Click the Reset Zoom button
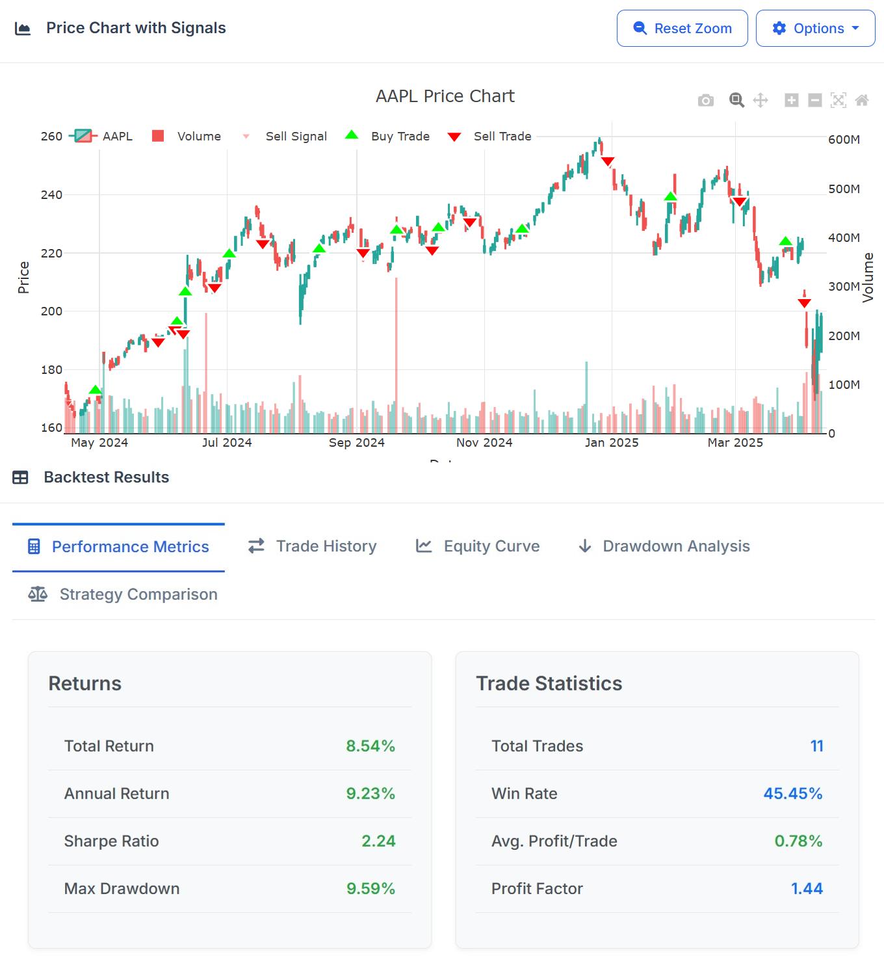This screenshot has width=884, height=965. (x=682, y=29)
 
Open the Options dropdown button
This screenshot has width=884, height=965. (x=815, y=29)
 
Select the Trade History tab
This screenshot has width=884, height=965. (x=312, y=546)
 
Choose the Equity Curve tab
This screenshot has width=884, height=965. (x=478, y=546)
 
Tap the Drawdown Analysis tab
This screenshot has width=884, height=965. (x=664, y=546)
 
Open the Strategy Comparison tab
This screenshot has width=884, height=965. (x=123, y=594)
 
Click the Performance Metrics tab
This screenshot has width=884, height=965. (x=118, y=547)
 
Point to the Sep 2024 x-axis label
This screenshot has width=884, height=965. (x=356, y=443)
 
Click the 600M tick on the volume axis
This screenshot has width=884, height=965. (x=844, y=140)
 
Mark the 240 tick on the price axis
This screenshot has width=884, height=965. (x=52, y=195)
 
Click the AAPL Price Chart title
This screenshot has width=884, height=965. (x=445, y=96)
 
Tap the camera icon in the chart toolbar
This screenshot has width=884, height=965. (x=705, y=100)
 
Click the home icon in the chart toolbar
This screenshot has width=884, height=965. (x=862, y=100)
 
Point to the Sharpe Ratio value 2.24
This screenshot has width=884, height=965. (x=378, y=841)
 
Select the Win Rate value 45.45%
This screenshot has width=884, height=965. (x=792, y=794)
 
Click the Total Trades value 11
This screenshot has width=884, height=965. (x=816, y=747)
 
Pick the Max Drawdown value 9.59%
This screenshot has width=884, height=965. (x=370, y=889)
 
